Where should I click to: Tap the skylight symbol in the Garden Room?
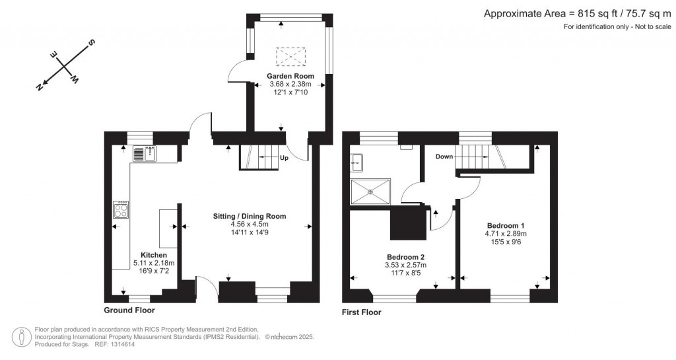[290, 56]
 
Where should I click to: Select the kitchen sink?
[145, 153]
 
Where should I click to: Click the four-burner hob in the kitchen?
[121, 209]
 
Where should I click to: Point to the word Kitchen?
[154, 255]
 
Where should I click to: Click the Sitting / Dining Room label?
[250, 216]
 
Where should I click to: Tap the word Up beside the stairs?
[284, 158]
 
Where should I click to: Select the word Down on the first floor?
[444, 157]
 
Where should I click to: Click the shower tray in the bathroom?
[370, 192]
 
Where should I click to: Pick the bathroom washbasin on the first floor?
[358, 162]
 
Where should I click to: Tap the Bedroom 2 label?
[406, 257]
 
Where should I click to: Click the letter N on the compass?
[40, 87]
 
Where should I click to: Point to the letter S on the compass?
[91, 42]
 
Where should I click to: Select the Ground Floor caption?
[129, 310]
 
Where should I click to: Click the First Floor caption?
[362, 312]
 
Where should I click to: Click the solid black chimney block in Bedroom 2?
[408, 223]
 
